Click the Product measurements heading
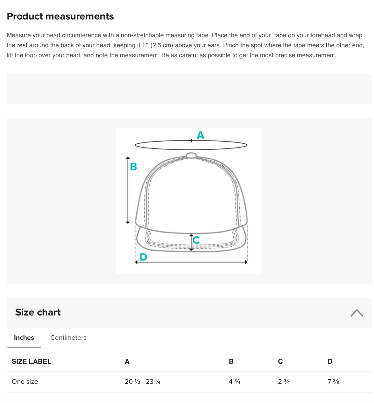pos(60,16)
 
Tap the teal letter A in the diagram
pos(200,135)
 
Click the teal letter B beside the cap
pos(133,166)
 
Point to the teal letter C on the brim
pos(196,240)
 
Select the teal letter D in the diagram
pos(143,257)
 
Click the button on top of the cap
pos(191,155)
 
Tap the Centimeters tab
pos(68,337)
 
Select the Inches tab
pos(24,337)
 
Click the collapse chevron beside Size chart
pos(357,313)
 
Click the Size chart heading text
pos(38,312)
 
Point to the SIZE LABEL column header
pos(31,361)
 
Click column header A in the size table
pos(127,361)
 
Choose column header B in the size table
pos(231,361)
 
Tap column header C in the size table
pos(280,361)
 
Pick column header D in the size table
pos(330,361)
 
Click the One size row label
pos(25,381)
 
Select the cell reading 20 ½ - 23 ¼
pos(142,381)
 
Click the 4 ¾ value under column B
pos(234,381)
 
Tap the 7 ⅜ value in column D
pos(333,381)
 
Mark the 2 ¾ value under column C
pos(284,381)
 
